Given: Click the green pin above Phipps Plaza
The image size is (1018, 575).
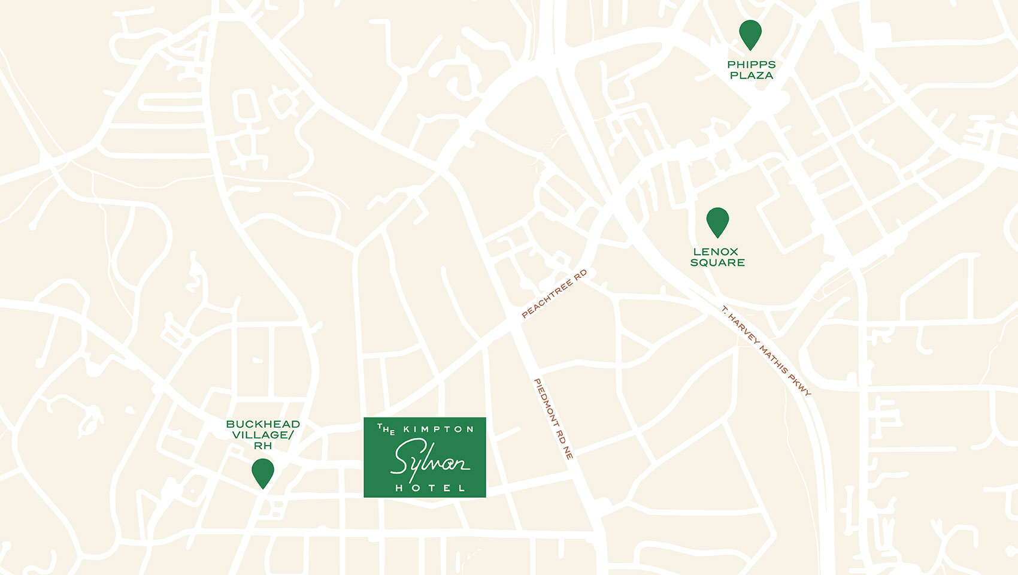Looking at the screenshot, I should click(750, 33).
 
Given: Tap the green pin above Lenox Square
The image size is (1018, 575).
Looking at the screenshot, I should click(717, 220).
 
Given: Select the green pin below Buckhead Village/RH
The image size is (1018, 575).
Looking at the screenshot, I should click(263, 471).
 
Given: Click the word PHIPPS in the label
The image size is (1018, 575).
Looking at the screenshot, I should click(752, 65).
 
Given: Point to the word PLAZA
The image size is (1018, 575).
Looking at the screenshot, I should click(752, 75).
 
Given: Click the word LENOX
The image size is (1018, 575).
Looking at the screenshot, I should click(716, 252).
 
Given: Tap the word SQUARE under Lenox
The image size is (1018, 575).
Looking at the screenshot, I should click(717, 263).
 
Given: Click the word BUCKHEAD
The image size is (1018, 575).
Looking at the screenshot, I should click(263, 424).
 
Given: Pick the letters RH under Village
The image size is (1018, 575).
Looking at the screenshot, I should click(263, 446).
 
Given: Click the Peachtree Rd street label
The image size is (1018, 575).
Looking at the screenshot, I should click(554, 293).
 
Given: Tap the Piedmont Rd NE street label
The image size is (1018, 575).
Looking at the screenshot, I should click(553, 419).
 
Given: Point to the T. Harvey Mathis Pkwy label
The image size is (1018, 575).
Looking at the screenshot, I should click(766, 351).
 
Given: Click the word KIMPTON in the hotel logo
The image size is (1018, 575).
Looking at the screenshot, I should click(438, 429).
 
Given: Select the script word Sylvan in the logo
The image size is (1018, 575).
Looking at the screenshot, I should click(429, 460).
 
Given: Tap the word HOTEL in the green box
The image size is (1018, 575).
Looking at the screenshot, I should click(430, 488).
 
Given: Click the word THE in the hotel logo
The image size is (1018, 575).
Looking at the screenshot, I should click(386, 429).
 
